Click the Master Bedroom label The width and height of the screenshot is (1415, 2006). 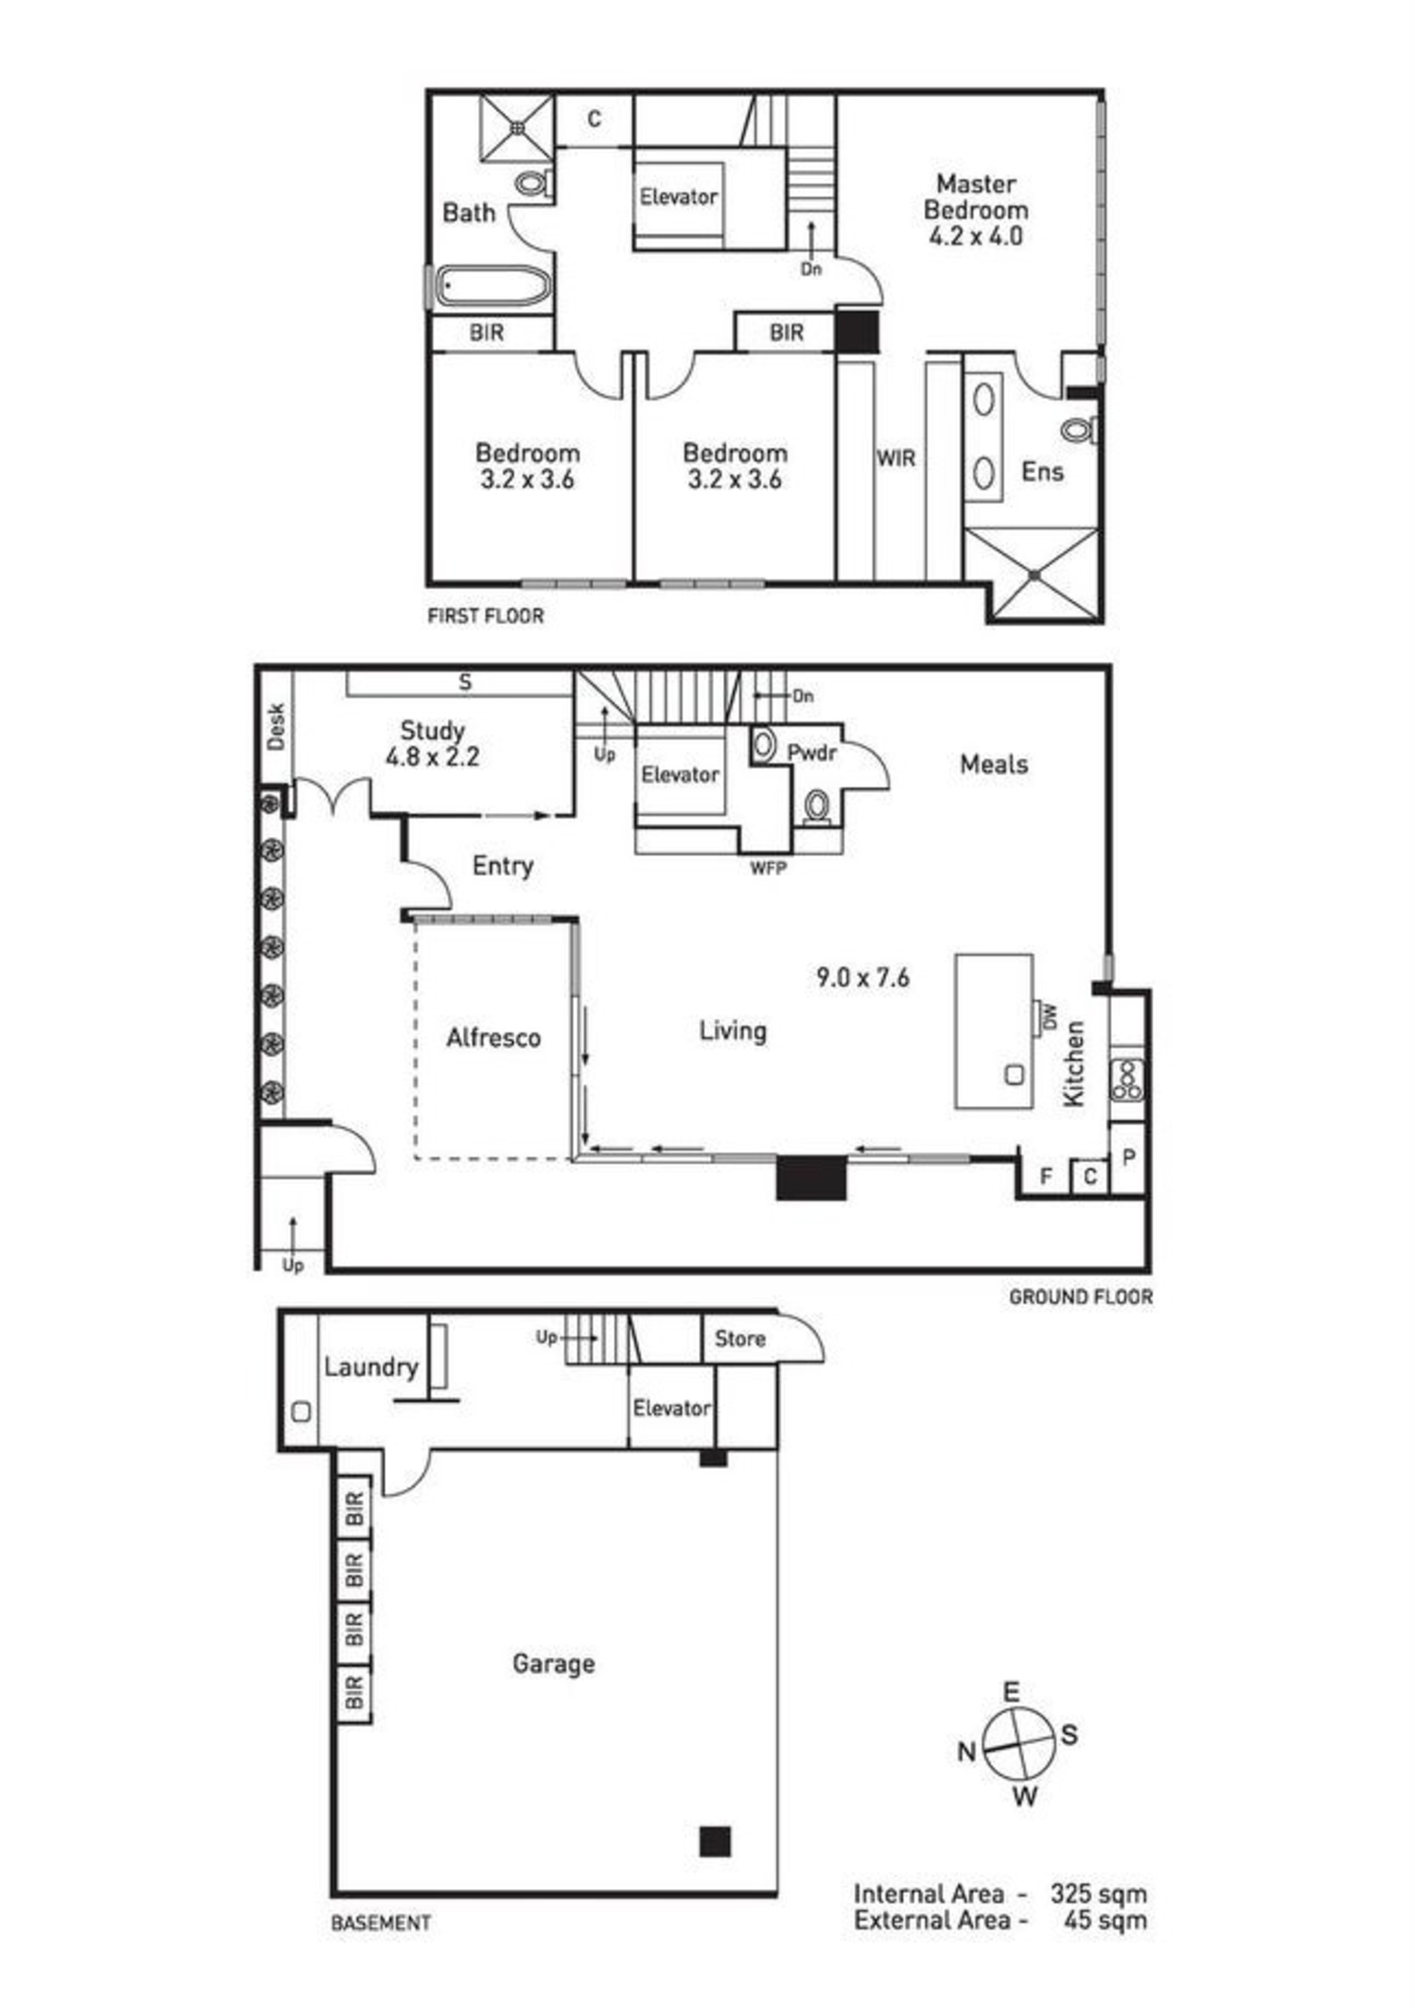pos(976,197)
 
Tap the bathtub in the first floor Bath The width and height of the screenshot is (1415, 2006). pos(493,286)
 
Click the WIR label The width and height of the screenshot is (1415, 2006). pos(896,458)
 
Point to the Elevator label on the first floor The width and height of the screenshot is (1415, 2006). pos(678,197)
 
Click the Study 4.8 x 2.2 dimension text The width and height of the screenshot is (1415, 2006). pos(432,757)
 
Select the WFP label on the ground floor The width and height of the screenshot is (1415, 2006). pos(768,869)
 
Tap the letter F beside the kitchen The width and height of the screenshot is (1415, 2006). pos(1045,1178)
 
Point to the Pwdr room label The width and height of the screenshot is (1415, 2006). pos(812,752)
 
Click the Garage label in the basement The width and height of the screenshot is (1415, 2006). pos(554,1664)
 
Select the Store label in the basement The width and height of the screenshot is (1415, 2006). pos(740,1339)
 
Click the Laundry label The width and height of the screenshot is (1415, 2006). pos(371,1367)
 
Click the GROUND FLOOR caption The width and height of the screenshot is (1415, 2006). pos(1080,1297)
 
